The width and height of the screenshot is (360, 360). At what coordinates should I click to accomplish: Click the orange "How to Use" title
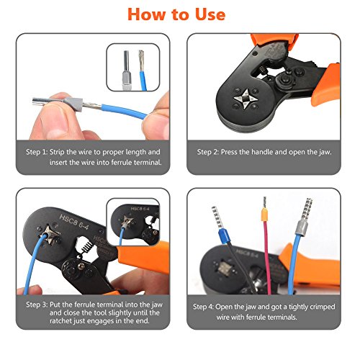tap(176, 14)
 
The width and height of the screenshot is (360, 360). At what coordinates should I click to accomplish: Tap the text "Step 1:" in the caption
tap(37, 152)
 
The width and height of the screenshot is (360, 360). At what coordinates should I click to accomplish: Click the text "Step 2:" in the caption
tap(208, 152)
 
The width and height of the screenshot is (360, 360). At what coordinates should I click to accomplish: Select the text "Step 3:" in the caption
tap(37, 305)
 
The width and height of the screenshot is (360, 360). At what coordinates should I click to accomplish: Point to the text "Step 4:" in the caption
tap(203, 307)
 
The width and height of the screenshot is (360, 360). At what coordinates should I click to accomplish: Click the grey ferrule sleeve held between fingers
tap(73, 104)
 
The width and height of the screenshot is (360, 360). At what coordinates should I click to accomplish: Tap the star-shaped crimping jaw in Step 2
tap(246, 99)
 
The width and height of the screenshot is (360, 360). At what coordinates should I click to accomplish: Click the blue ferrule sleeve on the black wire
tap(225, 236)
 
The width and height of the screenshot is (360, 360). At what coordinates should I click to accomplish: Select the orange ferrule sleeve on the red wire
tap(264, 215)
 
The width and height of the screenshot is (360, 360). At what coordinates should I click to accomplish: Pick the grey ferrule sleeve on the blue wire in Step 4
tap(302, 228)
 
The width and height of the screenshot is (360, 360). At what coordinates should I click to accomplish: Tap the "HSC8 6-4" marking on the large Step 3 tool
tap(74, 222)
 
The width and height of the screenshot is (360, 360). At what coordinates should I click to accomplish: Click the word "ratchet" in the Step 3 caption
tap(61, 321)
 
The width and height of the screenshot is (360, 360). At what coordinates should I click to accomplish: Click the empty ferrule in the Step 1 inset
tap(127, 70)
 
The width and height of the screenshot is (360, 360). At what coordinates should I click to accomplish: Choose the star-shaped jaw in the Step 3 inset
tap(127, 222)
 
